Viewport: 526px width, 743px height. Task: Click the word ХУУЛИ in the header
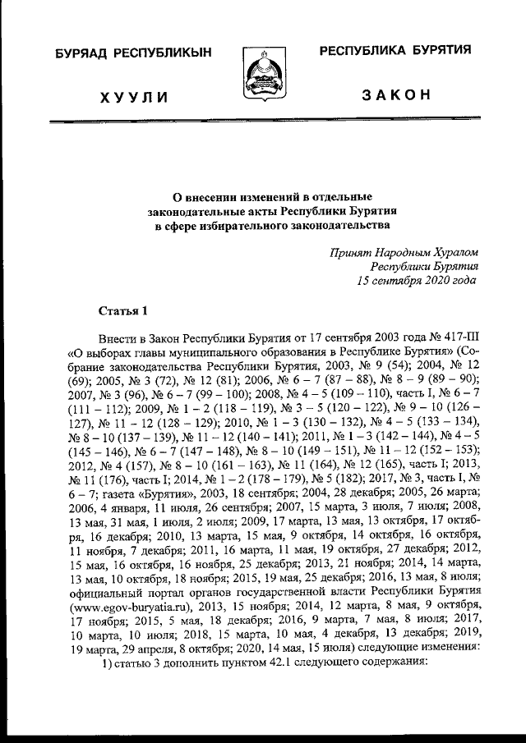(x=134, y=98)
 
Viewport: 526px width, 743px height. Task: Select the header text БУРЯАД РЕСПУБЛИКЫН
(x=133, y=53)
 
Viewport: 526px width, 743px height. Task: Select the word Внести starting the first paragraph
(x=117, y=337)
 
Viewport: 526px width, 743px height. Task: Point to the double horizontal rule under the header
(x=263, y=122)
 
